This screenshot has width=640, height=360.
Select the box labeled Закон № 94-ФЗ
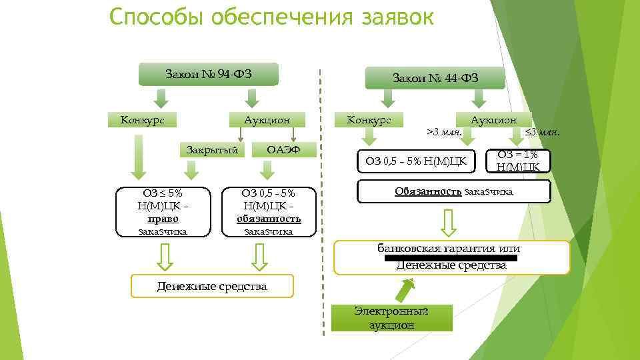click(x=208, y=74)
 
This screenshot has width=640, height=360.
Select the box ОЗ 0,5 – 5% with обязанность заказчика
click(x=269, y=212)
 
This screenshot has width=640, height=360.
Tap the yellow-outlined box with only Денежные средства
click(x=211, y=287)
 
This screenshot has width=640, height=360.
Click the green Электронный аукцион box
click(x=391, y=318)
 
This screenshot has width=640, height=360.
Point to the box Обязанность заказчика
click(x=454, y=192)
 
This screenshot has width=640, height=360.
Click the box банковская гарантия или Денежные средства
click(x=451, y=257)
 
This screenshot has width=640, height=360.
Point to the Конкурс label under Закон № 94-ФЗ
click(x=142, y=120)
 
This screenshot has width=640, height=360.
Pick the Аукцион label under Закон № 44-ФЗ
click(x=493, y=120)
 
